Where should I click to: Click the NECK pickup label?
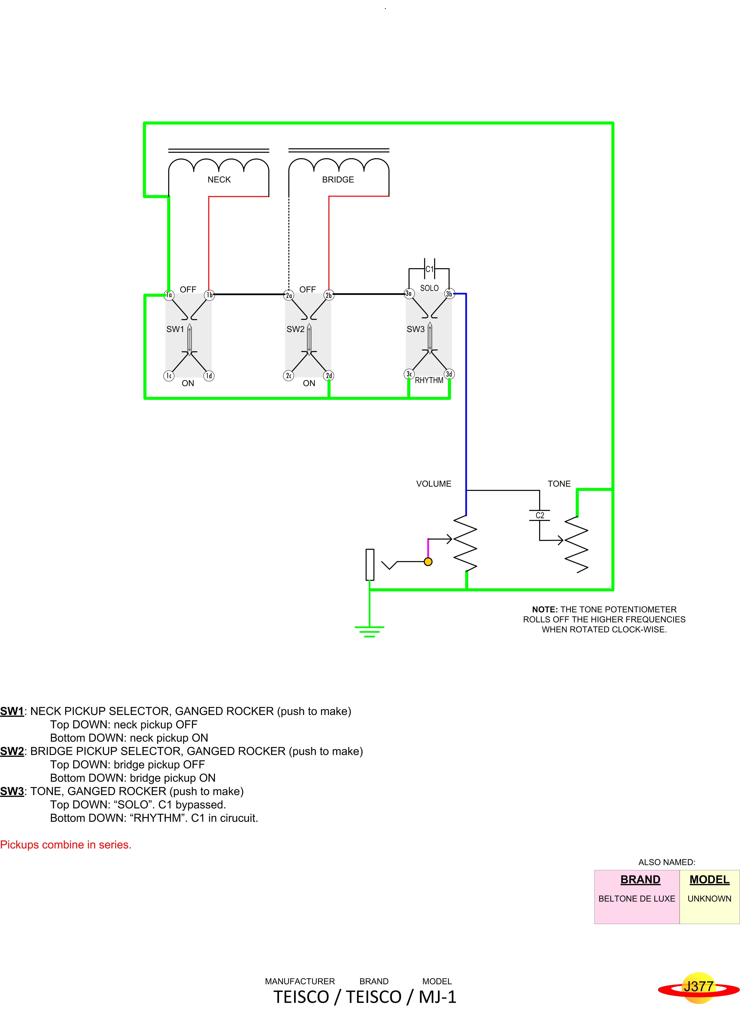[x=219, y=180]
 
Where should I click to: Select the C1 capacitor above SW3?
[x=429, y=269]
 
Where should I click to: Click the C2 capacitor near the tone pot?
[x=540, y=515]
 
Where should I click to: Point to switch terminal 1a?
[x=169, y=295]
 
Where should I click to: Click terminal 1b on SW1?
[x=209, y=295]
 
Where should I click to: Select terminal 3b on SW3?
[x=449, y=294]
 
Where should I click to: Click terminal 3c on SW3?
[x=409, y=374]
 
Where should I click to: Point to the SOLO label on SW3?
[x=429, y=288]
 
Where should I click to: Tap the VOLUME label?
[x=434, y=484]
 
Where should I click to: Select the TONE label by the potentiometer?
[x=559, y=484]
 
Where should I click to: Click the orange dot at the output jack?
[x=428, y=562]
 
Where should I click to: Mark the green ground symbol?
[x=369, y=631]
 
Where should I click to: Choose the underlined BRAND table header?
[x=640, y=880]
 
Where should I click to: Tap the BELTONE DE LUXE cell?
[x=636, y=898]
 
